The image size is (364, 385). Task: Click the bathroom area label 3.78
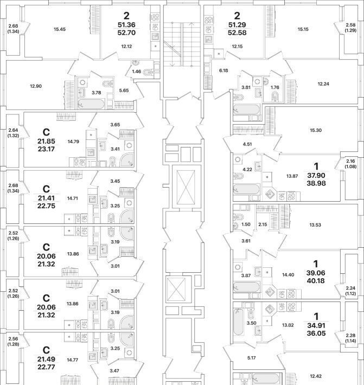click(96, 93)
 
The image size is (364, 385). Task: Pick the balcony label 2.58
click(351, 24)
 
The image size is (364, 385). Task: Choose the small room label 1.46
click(137, 71)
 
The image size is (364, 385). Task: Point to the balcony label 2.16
click(351, 161)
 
